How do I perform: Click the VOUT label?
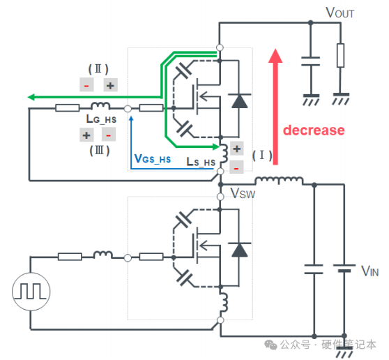click(x=340, y=13)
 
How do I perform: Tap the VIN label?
click(x=370, y=271)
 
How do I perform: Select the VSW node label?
click(x=243, y=193)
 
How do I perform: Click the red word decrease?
click(x=314, y=130)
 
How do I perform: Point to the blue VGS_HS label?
click(x=153, y=158)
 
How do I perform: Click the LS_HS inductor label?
click(x=201, y=162)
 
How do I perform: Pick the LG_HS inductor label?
click(x=101, y=119)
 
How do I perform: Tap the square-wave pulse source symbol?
click(x=31, y=292)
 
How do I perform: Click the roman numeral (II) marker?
click(x=98, y=69)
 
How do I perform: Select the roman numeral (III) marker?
click(x=99, y=151)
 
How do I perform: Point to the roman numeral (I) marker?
click(x=262, y=156)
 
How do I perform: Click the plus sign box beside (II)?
click(x=110, y=85)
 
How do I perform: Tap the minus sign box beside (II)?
click(x=86, y=84)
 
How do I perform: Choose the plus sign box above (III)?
click(x=86, y=135)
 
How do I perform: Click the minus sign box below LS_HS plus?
click(x=236, y=167)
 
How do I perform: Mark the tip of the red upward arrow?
click(x=275, y=49)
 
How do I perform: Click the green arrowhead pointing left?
click(x=31, y=97)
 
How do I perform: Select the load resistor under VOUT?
click(x=340, y=55)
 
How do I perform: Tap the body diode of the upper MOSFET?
click(x=239, y=100)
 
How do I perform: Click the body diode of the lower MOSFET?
click(x=239, y=250)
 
